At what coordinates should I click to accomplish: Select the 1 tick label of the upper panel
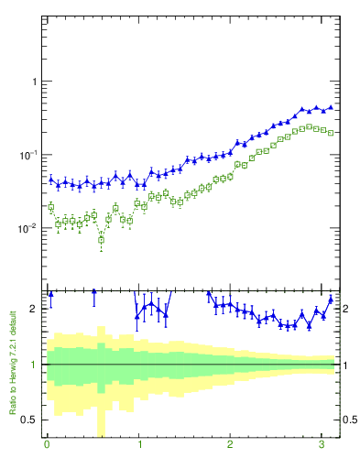pos(34,82)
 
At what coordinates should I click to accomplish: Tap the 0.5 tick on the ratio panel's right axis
pos(350,420)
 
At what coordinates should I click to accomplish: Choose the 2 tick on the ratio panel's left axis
pos(34,309)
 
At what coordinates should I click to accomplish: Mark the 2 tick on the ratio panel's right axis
pos(345,309)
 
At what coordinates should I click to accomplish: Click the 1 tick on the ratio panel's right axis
pos(345,365)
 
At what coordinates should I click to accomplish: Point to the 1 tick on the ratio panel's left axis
pos(34,365)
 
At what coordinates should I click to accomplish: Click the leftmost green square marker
pos(50,207)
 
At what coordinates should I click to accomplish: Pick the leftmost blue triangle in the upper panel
pos(50,179)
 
